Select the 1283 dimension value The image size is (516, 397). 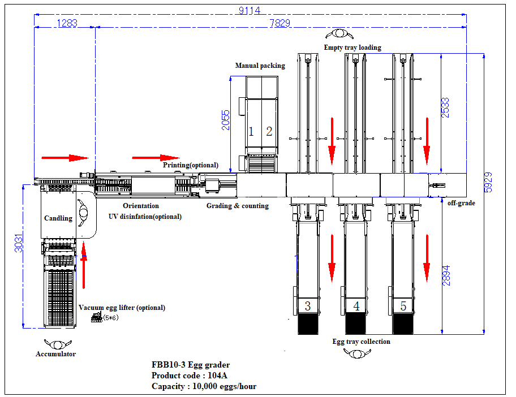(x=67, y=23)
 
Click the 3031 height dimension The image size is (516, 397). (x=18, y=244)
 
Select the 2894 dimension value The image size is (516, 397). (x=446, y=275)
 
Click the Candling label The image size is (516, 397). (x=58, y=218)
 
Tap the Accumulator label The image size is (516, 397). (x=55, y=354)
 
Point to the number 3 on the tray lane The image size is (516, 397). (x=307, y=307)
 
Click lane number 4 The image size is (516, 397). (x=356, y=307)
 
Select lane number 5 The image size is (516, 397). (x=403, y=307)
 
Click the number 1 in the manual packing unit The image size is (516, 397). (x=251, y=132)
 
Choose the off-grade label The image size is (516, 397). (x=461, y=203)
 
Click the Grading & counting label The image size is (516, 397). (x=237, y=206)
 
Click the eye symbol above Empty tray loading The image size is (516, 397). (x=339, y=33)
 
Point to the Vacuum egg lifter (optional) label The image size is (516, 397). (x=122, y=308)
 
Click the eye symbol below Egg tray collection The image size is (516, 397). (x=356, y=353)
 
